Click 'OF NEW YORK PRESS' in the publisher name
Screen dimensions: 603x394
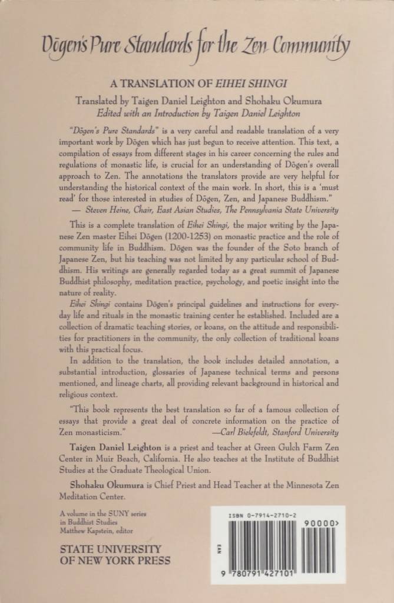pos(115,561)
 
